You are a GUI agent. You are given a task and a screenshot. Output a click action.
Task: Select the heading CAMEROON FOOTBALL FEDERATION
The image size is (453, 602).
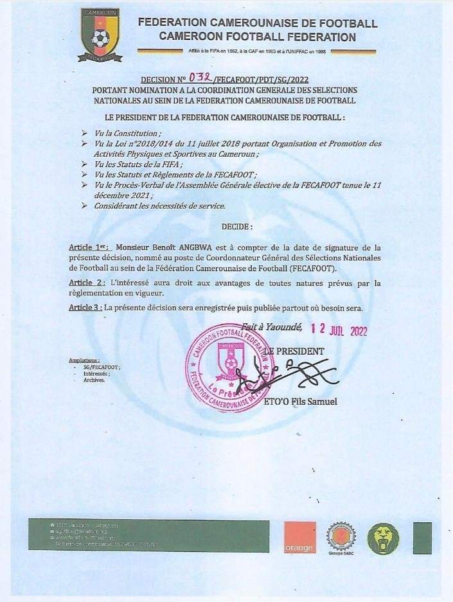click(x=257, y=37)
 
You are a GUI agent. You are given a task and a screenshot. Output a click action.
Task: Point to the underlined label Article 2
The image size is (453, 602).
click(x=85, y=283)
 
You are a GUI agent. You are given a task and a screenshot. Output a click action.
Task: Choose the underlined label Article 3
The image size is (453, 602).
click(x=85, y=308)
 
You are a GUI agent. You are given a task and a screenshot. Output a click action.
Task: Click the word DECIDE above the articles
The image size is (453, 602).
click(x=237, y=227)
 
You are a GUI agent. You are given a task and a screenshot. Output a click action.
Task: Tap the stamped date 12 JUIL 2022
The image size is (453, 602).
click(x=339, y=330)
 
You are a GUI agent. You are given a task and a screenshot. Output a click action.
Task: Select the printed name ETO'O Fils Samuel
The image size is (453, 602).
click(x=301, y=402)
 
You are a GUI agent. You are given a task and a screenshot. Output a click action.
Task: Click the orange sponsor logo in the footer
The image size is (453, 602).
click(x=300, y=537)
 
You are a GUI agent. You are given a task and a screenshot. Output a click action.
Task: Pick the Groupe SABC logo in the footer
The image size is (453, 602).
click(x=341, y=537)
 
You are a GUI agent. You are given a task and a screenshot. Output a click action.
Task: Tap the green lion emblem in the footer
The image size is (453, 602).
click(x=383, y=538)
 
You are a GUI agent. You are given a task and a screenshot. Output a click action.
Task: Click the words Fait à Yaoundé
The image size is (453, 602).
click(x=272, y=327)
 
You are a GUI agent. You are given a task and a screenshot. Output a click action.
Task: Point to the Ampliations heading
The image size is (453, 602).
click(x=84, y=360)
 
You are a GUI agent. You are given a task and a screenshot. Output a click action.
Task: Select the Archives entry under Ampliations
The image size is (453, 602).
click(x=94, y=380)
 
